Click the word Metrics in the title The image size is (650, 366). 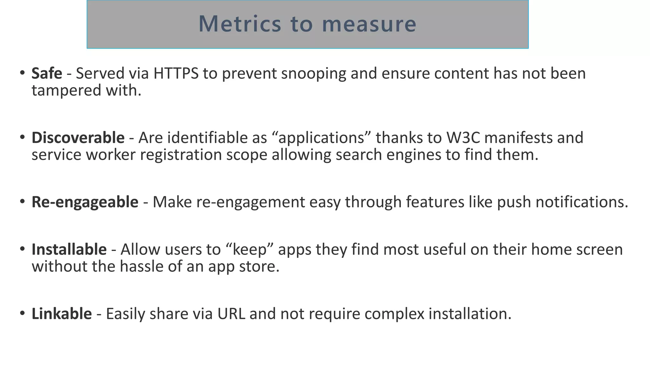[240, 24]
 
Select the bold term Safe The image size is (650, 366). [47, 73]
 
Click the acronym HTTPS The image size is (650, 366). [176, 73]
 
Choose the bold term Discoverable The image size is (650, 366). [78, 138]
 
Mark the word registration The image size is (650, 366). [181, 155]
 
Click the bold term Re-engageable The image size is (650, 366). [85, 202]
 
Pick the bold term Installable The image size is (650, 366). [69, 249]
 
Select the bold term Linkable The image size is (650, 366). [62, 314]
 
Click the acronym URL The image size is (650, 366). [231, 314]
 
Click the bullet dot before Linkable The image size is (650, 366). [22, 314]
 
